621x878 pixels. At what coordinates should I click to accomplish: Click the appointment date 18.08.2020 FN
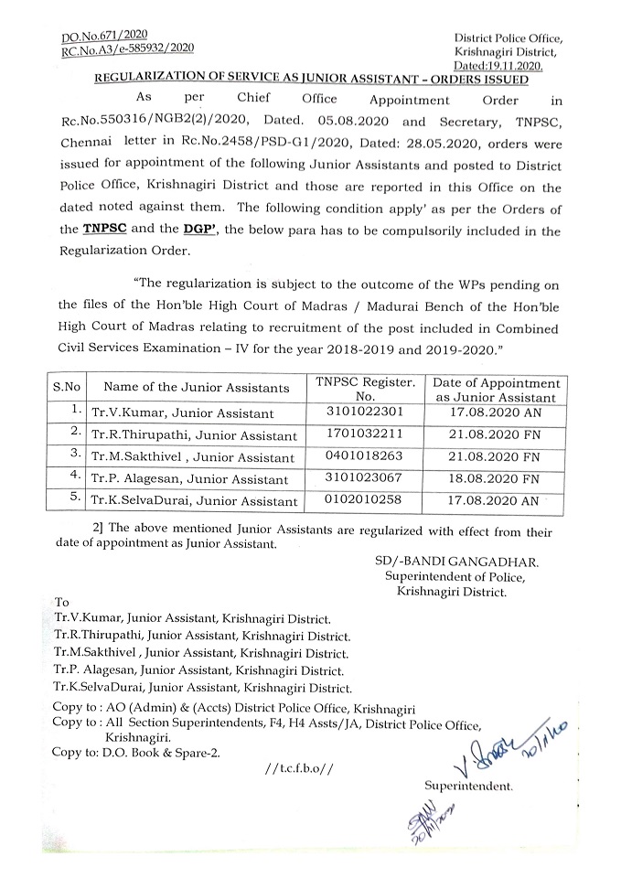coord(497,478)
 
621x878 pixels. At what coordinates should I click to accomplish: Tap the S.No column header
coord(66,387)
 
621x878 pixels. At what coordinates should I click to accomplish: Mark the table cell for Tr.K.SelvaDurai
coord(195,501)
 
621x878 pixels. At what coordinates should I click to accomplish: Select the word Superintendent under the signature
coord(468,786)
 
